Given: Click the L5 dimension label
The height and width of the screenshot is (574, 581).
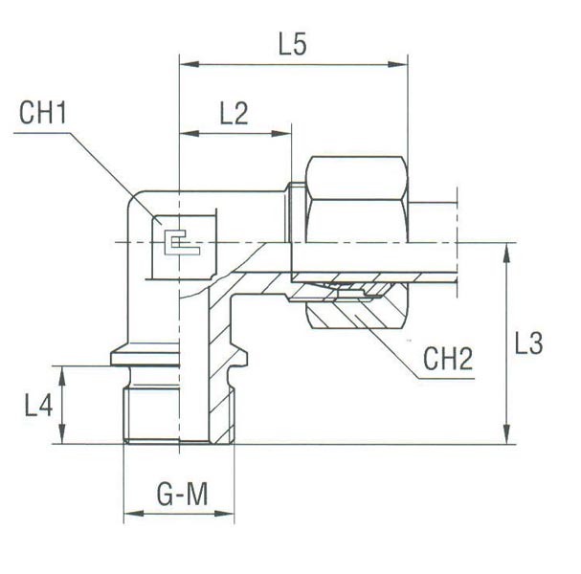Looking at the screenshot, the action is coord(292,45).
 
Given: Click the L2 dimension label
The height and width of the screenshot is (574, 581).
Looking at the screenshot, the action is coord(234,113).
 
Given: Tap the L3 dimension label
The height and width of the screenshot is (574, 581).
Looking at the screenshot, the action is coord(528,343).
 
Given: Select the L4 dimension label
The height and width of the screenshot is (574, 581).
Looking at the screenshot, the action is coord(38,405).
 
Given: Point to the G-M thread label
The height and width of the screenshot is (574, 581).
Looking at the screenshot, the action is coord(182,495).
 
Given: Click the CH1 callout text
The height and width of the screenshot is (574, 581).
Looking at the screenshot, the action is coord(43,113).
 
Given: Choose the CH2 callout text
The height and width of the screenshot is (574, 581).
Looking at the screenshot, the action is coord(448,359).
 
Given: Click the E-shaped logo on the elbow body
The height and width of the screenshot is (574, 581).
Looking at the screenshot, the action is coord(182,242).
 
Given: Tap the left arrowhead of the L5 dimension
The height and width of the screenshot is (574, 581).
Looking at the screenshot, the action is coord(189,64).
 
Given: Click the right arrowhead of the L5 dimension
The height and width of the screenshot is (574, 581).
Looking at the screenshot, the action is coord(397,64).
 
